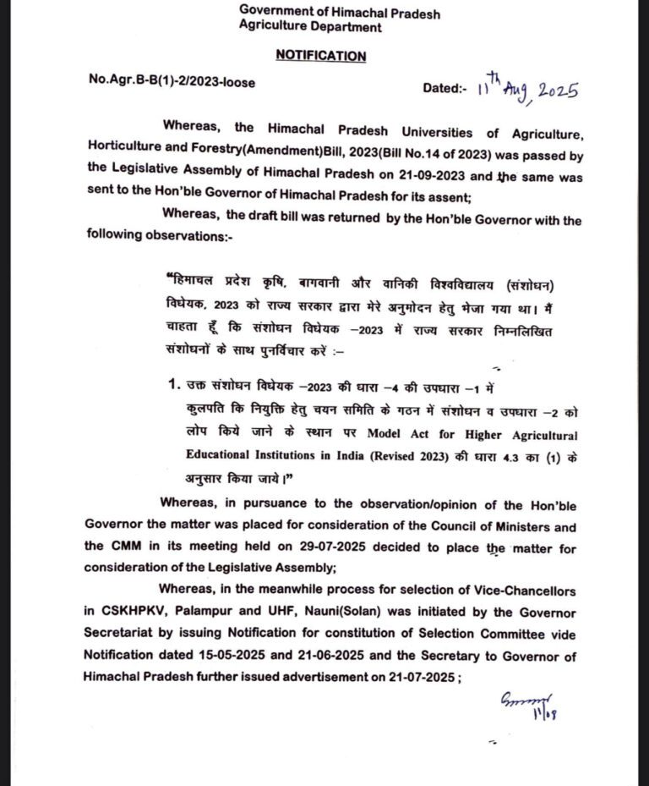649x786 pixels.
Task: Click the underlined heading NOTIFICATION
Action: coord(320,57)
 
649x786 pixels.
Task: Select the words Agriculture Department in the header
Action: coord(309,27)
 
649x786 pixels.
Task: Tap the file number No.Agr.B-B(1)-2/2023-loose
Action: coord(172,81)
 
